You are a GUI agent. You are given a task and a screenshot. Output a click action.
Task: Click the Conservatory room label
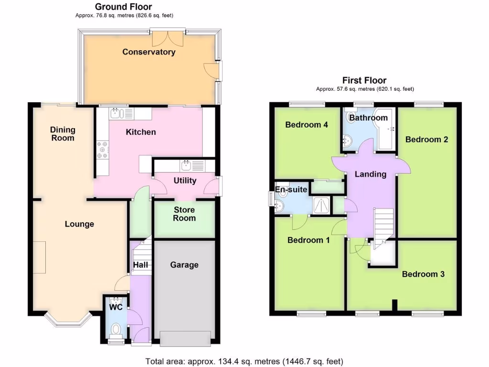click(149, 52)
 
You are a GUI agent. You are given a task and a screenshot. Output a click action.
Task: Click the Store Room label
click(184, 214)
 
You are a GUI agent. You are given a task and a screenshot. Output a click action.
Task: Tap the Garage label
click(184, 265)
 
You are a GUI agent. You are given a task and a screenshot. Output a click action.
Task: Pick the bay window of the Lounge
click(66, 322)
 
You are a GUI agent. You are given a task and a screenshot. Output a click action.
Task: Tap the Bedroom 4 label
click(306, 125)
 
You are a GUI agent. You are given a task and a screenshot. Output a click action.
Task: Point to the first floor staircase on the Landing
click(383, 225)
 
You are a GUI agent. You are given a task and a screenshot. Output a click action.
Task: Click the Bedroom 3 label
click(423, 274)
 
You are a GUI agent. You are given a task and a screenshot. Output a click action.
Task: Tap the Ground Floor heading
click(123, 7)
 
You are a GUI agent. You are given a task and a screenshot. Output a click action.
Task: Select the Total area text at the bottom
click(244, 361)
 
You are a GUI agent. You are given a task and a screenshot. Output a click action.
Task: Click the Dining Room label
click(63, 134)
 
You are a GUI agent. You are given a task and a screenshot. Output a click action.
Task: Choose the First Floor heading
click(364, 80)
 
